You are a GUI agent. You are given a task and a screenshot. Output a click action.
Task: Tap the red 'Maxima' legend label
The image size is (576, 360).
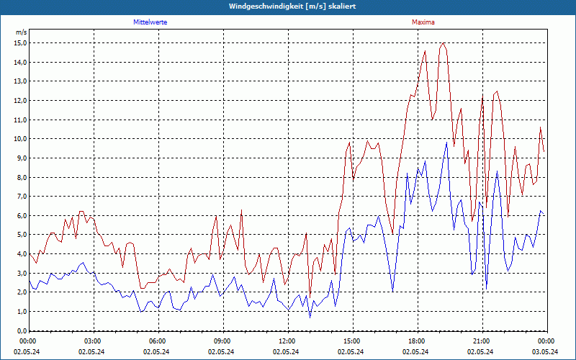tap(423, 22)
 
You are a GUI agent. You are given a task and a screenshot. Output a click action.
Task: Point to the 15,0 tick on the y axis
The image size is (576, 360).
tap(20, 42)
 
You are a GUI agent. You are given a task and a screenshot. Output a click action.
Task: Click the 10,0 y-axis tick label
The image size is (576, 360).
tap(20, 139)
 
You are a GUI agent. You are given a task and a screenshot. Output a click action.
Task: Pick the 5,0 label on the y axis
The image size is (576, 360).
tap(20, 235)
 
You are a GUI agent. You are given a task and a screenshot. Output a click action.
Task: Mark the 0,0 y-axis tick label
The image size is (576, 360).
tap(20, 331)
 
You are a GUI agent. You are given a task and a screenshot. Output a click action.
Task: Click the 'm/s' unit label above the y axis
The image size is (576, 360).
tap(21, 32)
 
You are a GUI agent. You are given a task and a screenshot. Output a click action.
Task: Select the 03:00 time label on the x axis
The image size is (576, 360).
tap(93, 341)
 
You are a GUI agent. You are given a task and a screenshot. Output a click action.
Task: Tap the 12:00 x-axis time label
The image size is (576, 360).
tap(287, 341)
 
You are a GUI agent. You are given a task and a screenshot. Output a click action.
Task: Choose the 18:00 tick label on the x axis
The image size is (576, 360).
tap(417, 341)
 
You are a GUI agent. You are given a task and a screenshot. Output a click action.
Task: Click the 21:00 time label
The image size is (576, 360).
tap(482, 341)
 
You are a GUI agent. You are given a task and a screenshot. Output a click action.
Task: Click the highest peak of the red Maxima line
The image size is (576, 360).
tap(443, 43)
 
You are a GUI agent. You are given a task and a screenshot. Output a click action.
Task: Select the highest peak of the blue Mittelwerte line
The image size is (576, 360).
tap(446, 142)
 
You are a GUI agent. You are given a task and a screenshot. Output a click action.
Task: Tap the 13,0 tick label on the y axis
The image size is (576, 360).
tap(20, 81)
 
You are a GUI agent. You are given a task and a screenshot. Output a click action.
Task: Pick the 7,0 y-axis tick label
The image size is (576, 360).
tap(20, 197)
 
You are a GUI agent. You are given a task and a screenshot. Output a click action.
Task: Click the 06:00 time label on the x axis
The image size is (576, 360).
tap(158, 341)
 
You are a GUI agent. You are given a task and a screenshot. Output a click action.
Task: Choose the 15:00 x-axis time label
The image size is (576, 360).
tap(352, 341)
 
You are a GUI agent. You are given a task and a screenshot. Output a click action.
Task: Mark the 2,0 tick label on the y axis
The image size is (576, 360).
tap(20, 292)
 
